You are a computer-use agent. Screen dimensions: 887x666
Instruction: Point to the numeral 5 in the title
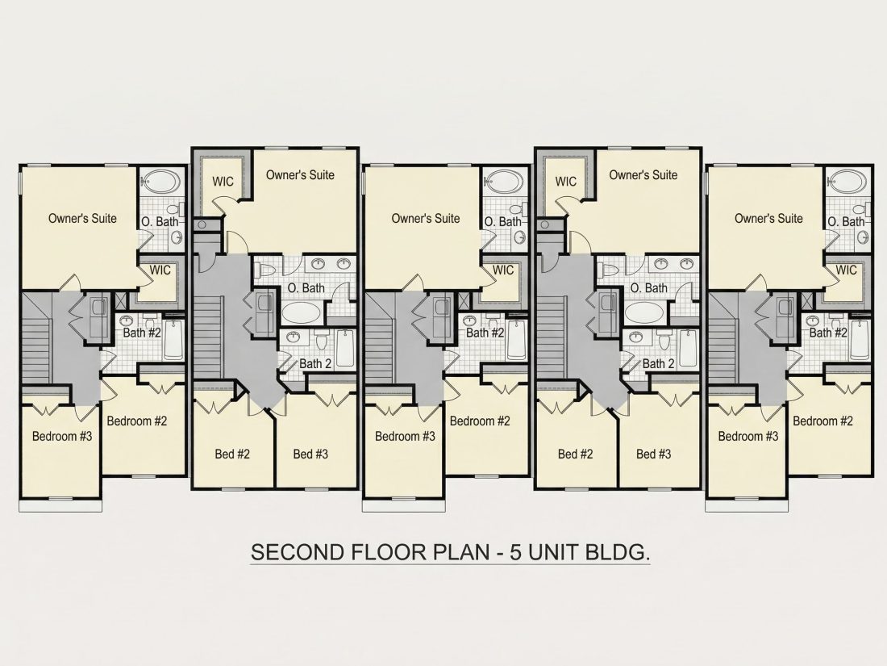(516, 551)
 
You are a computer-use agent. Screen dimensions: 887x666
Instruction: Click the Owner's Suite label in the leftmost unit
(82, 218)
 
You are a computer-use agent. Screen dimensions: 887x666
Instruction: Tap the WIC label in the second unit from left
(223, 181)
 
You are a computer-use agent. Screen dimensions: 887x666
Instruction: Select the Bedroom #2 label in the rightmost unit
(822, 421)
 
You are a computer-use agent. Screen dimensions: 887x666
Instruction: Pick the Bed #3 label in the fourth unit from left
(653, 454)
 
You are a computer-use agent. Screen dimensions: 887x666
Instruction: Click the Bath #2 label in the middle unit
(485, 333)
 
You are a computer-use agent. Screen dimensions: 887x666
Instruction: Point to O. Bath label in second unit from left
(306, 287)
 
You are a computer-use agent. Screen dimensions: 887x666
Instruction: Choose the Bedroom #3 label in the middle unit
(405, 436)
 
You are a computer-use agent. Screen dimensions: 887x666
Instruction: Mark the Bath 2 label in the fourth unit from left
(659, 363)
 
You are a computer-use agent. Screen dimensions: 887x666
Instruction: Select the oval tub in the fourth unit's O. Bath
(643, 312)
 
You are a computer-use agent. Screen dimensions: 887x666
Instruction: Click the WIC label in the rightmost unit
(846, 270)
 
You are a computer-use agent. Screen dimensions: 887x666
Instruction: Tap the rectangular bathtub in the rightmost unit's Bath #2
(859, 340)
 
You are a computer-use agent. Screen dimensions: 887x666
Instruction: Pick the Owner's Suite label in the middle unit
(426, 218)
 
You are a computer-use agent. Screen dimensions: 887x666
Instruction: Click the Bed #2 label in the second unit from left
(232, 454)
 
